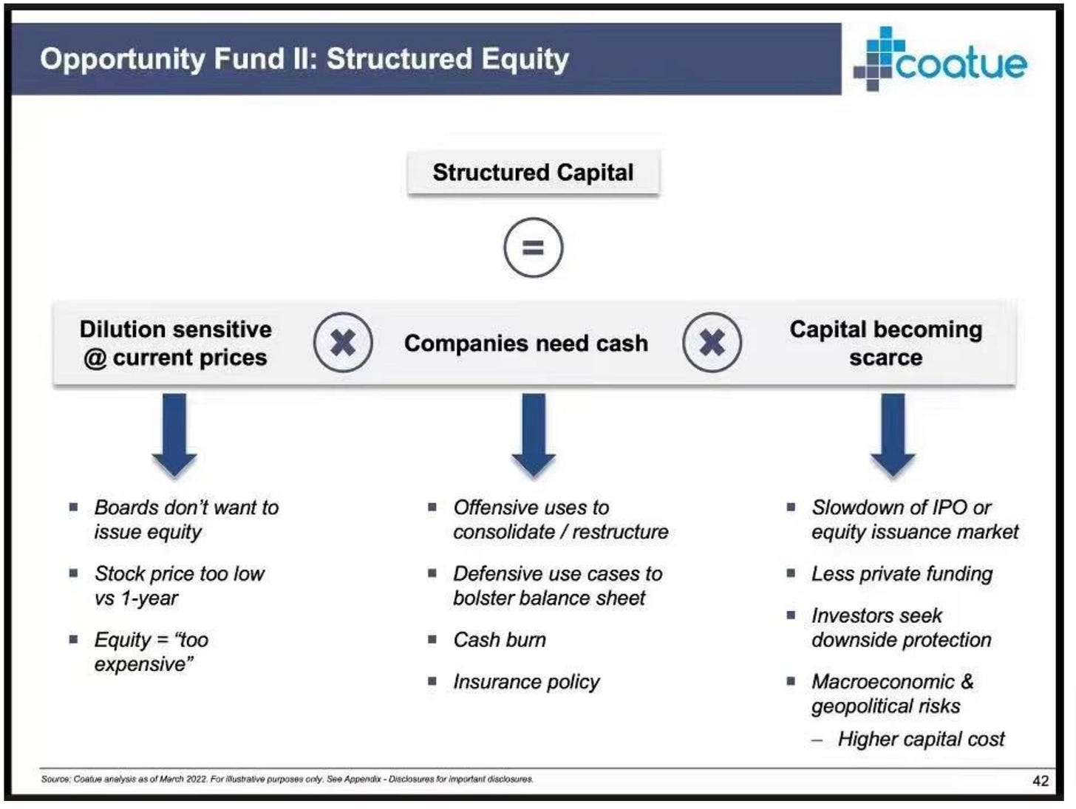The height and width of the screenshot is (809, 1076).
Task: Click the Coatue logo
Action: coord(940,59)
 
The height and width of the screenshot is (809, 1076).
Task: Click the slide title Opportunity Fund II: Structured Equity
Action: coord(304,59)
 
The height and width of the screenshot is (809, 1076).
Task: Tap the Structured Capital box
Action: coord(533,173)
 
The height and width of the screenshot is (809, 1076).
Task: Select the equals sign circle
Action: coord(533,248)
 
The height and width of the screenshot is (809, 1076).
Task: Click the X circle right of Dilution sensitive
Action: coord(343,343)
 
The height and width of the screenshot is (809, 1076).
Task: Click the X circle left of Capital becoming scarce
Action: coord(712,343)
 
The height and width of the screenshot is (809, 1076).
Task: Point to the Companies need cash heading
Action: coord(525,344)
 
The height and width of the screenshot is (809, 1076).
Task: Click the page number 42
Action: coord(1040,781)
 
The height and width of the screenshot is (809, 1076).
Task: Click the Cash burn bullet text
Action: coord(500,640)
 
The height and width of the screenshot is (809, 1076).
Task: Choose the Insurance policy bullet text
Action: coord(526,681)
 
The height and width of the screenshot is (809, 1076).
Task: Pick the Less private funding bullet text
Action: coord(902,574)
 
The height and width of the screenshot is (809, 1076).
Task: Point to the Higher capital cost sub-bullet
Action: coord(921,740)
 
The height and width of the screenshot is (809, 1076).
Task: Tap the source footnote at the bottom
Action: coord(287,779)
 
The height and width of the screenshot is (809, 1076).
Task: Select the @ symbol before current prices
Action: coord(95,358)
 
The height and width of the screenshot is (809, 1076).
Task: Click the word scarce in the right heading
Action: coord(885,358)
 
